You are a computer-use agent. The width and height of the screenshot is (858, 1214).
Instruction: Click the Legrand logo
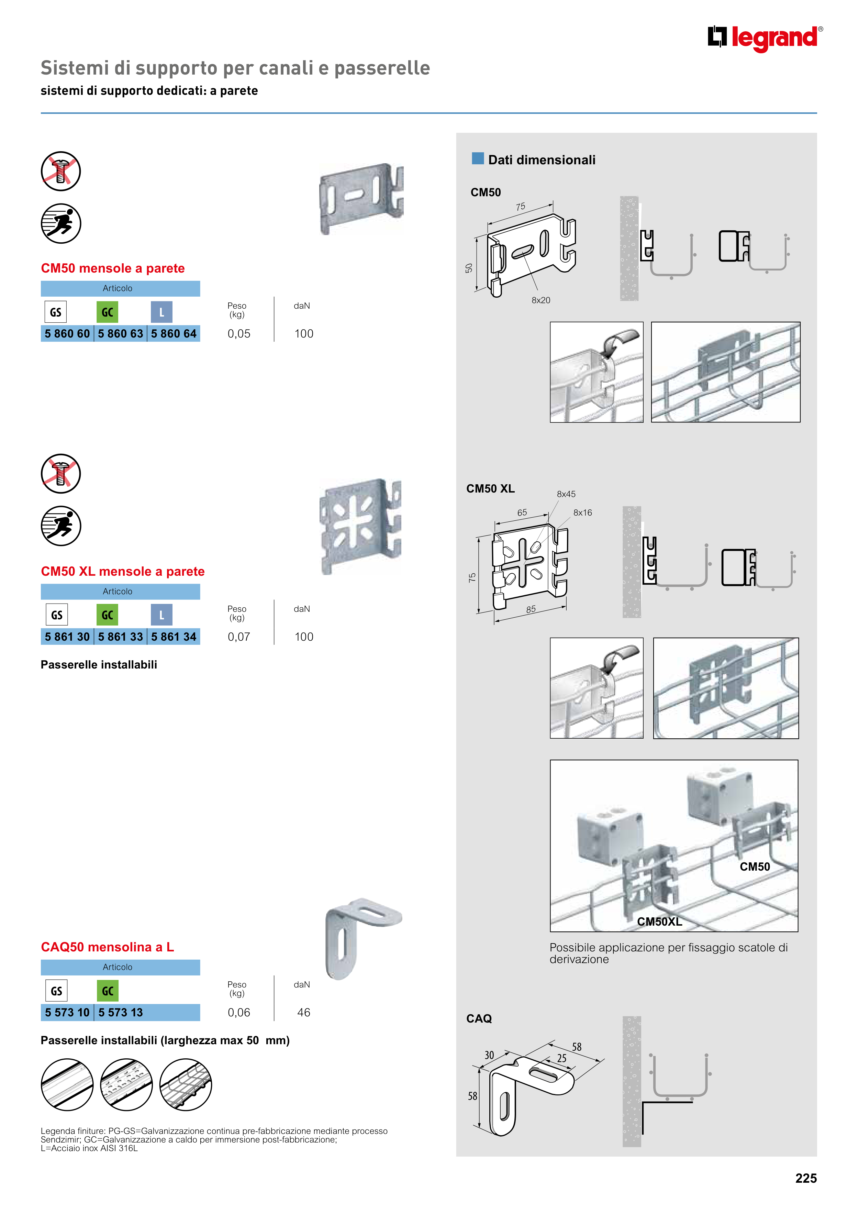click(765, 38)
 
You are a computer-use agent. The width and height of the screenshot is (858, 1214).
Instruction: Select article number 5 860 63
click(121, 334)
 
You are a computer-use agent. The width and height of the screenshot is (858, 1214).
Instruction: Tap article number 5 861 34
click(174, 637)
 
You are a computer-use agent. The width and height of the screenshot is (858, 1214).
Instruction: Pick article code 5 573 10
click(67, 1013)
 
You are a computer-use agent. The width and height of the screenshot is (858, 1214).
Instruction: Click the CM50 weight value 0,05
click(239, 334)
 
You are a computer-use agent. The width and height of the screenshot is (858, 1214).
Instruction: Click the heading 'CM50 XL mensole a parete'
click(123, 572)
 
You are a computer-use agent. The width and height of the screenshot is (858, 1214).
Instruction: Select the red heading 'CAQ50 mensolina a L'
click(107, 947)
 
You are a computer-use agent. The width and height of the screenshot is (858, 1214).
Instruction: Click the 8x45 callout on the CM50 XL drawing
click(566, 494)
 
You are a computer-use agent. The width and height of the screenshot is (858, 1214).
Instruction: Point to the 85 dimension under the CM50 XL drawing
click(531, 609)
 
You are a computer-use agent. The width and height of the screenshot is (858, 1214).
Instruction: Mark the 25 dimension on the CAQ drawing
click(561, 1058)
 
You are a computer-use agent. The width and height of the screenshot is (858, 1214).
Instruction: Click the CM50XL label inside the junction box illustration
click(659, 921)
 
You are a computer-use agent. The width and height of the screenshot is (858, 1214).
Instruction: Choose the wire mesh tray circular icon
click(186, 1084)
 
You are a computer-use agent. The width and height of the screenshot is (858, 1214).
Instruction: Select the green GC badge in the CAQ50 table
click(107, 991)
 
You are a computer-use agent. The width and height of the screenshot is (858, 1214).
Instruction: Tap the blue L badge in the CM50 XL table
click(162, 615)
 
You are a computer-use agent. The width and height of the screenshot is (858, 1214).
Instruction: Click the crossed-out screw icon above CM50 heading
click(61, 171)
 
